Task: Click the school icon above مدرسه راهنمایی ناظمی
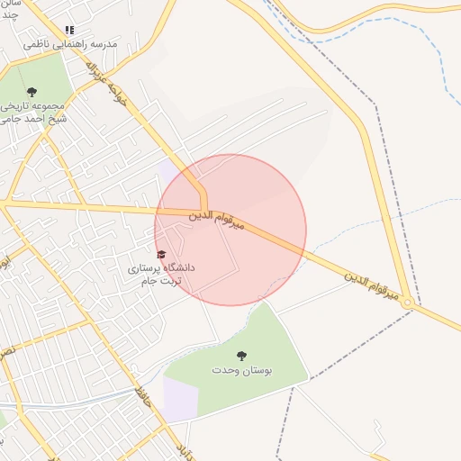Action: click(70, 31)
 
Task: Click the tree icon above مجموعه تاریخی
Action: click(32, 92)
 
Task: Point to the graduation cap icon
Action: click(161, 255)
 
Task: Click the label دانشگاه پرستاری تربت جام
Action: click(162, 275)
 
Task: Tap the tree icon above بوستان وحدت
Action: click(241, 357)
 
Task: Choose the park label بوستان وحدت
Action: click(241, 370)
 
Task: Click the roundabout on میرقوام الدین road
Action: click(408, 303)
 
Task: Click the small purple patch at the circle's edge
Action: click(167, 169)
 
